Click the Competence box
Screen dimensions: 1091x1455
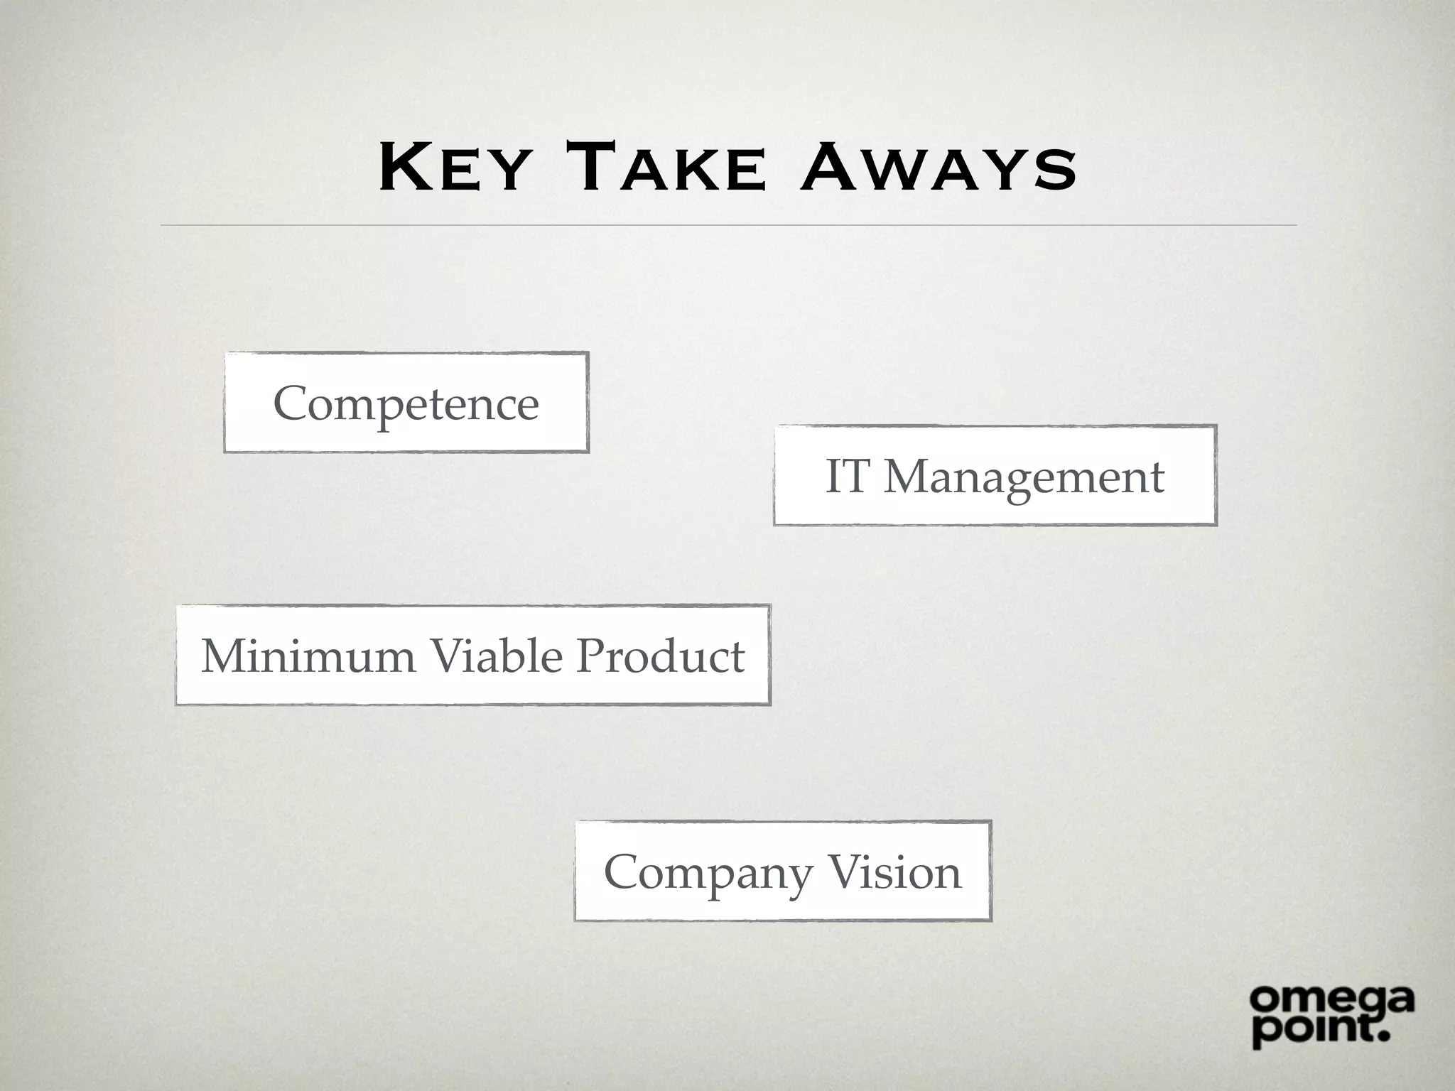pyautogui.click(x=406, y=403)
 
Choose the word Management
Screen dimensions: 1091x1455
pyautogui.click(x=1024, y=477)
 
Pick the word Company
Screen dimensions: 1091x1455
pyautogui.click(x=708, y=874)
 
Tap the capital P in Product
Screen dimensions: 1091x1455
pyautogui.click(x=591, y=655)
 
